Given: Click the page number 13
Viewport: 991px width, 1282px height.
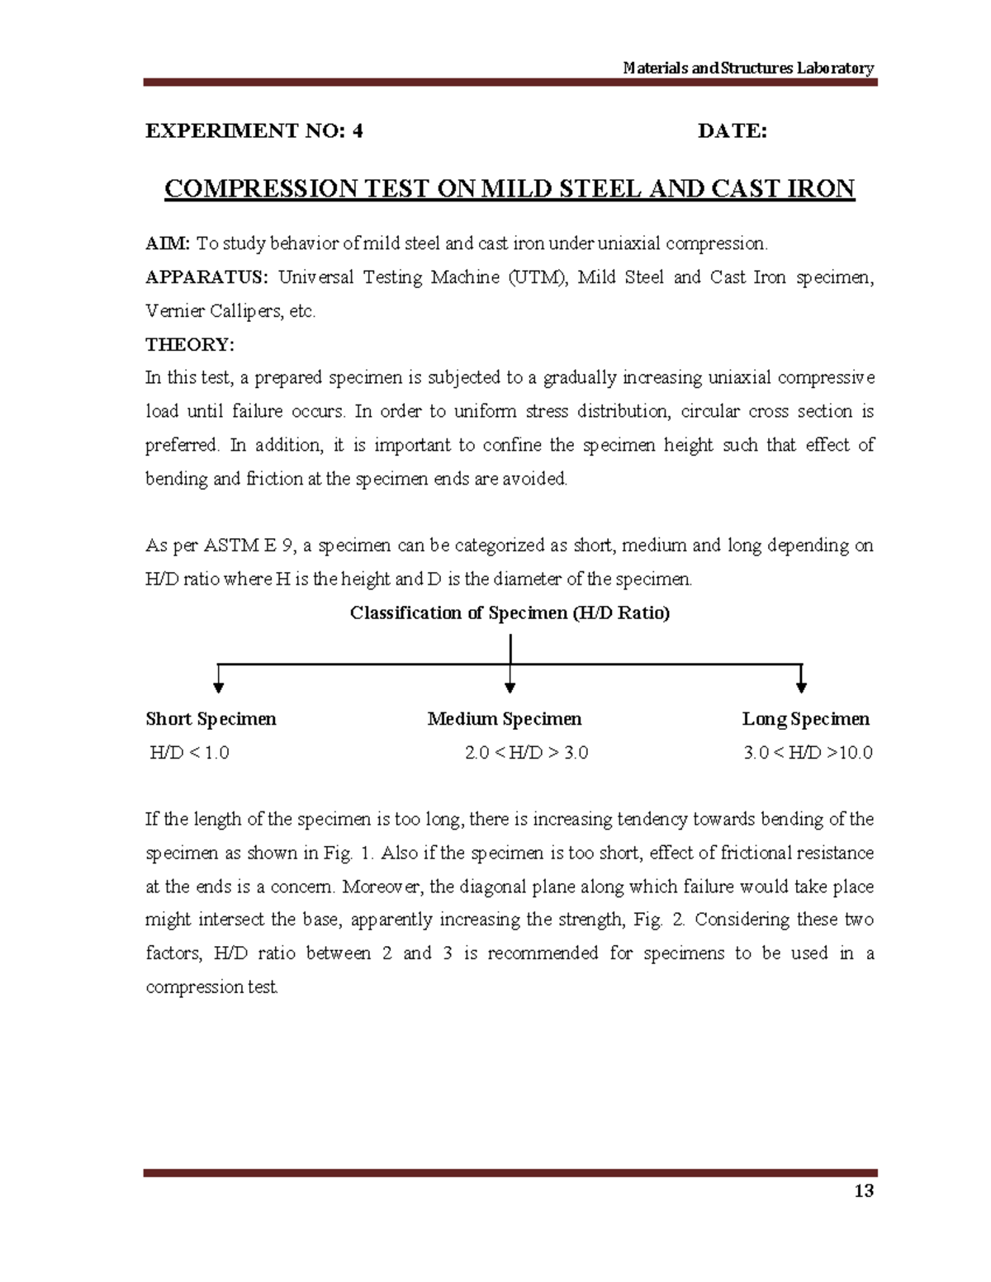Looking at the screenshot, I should click(864, 1191).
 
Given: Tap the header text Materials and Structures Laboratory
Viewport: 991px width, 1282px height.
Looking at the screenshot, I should click(748, 68).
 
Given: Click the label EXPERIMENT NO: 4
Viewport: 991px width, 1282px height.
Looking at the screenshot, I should click(254, 131).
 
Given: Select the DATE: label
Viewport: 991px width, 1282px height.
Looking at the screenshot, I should click(732, 131).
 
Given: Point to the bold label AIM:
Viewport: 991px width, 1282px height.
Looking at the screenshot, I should click(168, 244).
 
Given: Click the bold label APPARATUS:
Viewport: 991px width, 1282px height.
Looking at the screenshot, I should click(206, 277).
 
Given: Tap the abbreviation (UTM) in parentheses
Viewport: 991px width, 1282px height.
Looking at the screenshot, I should click(538, 277).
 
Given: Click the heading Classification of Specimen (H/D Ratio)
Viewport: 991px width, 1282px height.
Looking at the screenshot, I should click(510, 613).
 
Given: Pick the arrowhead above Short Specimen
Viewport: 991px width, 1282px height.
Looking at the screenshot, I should click(219, 687).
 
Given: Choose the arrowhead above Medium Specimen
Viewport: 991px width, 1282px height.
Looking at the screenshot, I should click(510, 687).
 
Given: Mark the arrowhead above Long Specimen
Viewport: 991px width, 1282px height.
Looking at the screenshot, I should click(801, 687).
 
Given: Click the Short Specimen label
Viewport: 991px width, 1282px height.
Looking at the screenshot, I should click(211, 719).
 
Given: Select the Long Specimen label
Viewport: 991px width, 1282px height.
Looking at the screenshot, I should click(805, 719).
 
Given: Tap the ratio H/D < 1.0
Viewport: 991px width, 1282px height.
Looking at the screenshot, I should click(189, 753).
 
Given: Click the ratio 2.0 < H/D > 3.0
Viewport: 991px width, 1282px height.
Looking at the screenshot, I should click(526, 753).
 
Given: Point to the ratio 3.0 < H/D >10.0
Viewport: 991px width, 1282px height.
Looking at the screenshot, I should click(808, 753).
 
